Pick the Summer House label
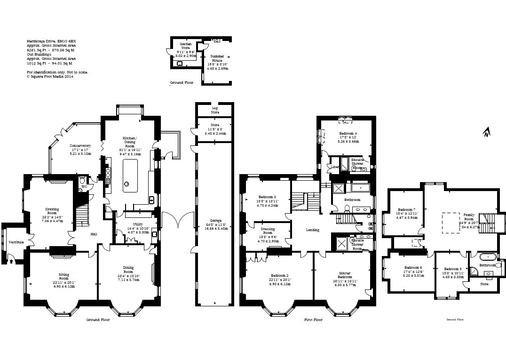(217, 58)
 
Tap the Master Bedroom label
(345, 275)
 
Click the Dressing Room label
(267, 231)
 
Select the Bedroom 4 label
(348, 134)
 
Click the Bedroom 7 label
(406, 209)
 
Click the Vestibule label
(16, 242)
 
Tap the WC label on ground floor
(84, 187)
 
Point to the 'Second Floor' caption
(455, 320)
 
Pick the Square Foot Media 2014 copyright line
(50, 76)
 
